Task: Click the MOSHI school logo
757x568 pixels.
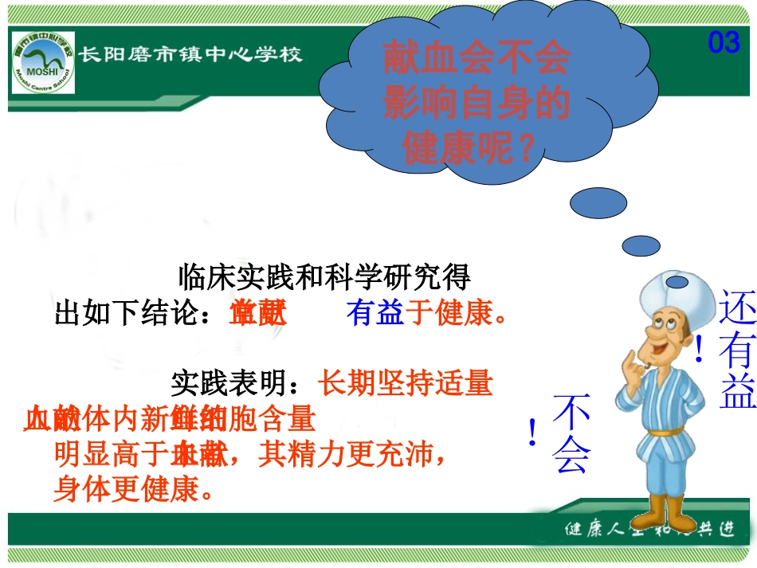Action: (x=43, y=62)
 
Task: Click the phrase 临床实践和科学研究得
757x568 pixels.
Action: (x=325, y=277)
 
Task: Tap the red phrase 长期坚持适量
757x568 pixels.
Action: (x=405, y=386)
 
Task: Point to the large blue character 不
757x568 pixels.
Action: (x=572, y=414)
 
